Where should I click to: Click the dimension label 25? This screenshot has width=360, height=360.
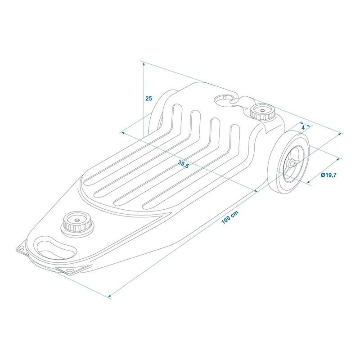pyautogui.click(x=148, y=99)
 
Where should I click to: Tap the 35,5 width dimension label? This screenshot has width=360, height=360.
pyautogui.click(x=183, y=164)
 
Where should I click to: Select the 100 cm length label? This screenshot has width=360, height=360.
pyautogui.click(x=230, y=217)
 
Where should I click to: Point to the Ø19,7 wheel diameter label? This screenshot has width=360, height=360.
pyautogui.click(x=328, y=175)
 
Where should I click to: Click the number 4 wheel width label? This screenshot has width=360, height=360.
pyautogui.click(x=303, y=127)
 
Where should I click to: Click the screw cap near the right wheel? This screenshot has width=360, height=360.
pyautogui.click(x=262, y=112)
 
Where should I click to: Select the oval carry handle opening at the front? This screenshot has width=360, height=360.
pyautogui.click(x=55, y=249)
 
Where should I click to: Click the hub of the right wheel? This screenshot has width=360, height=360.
pyautogui.click(x=292, y=164)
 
